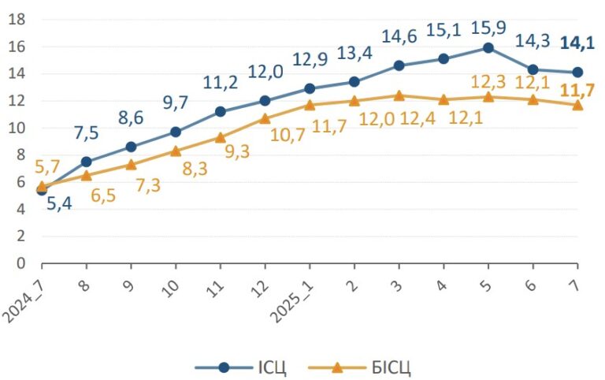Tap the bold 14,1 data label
(577, 43)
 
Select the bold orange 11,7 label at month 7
(577, 91)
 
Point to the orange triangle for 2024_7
(42, 187)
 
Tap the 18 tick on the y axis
(17, 19)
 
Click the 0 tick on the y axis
(20, 263)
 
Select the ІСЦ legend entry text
(272, 367)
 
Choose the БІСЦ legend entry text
(392, 367)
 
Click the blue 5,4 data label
(59, 203)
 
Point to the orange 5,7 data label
(47, 167)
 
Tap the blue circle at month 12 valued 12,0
(265, 101)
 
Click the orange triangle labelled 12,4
(399, 95)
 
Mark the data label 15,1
(444, 30)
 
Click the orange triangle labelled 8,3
(176, 151)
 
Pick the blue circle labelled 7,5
(87, 162)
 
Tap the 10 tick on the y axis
(17, 128)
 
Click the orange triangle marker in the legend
(337, 367)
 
